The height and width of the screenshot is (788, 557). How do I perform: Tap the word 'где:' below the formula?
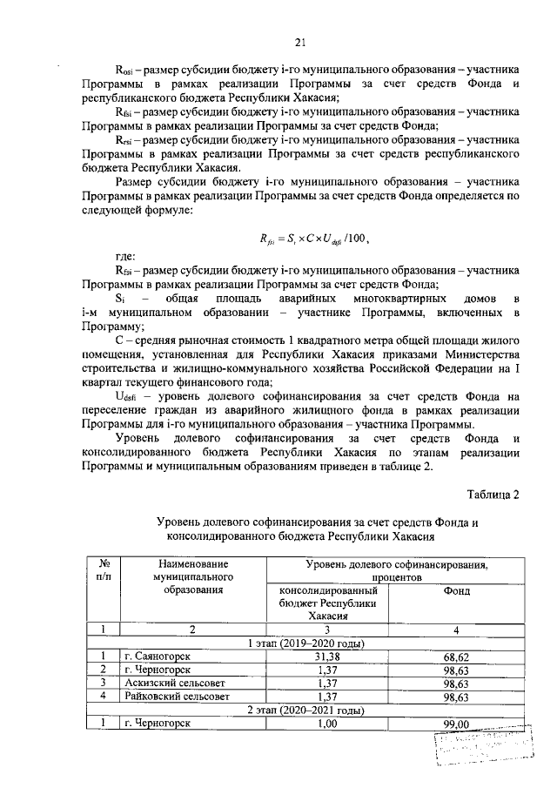(126, 258)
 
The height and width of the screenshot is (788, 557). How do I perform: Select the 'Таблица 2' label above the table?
(491, 495)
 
